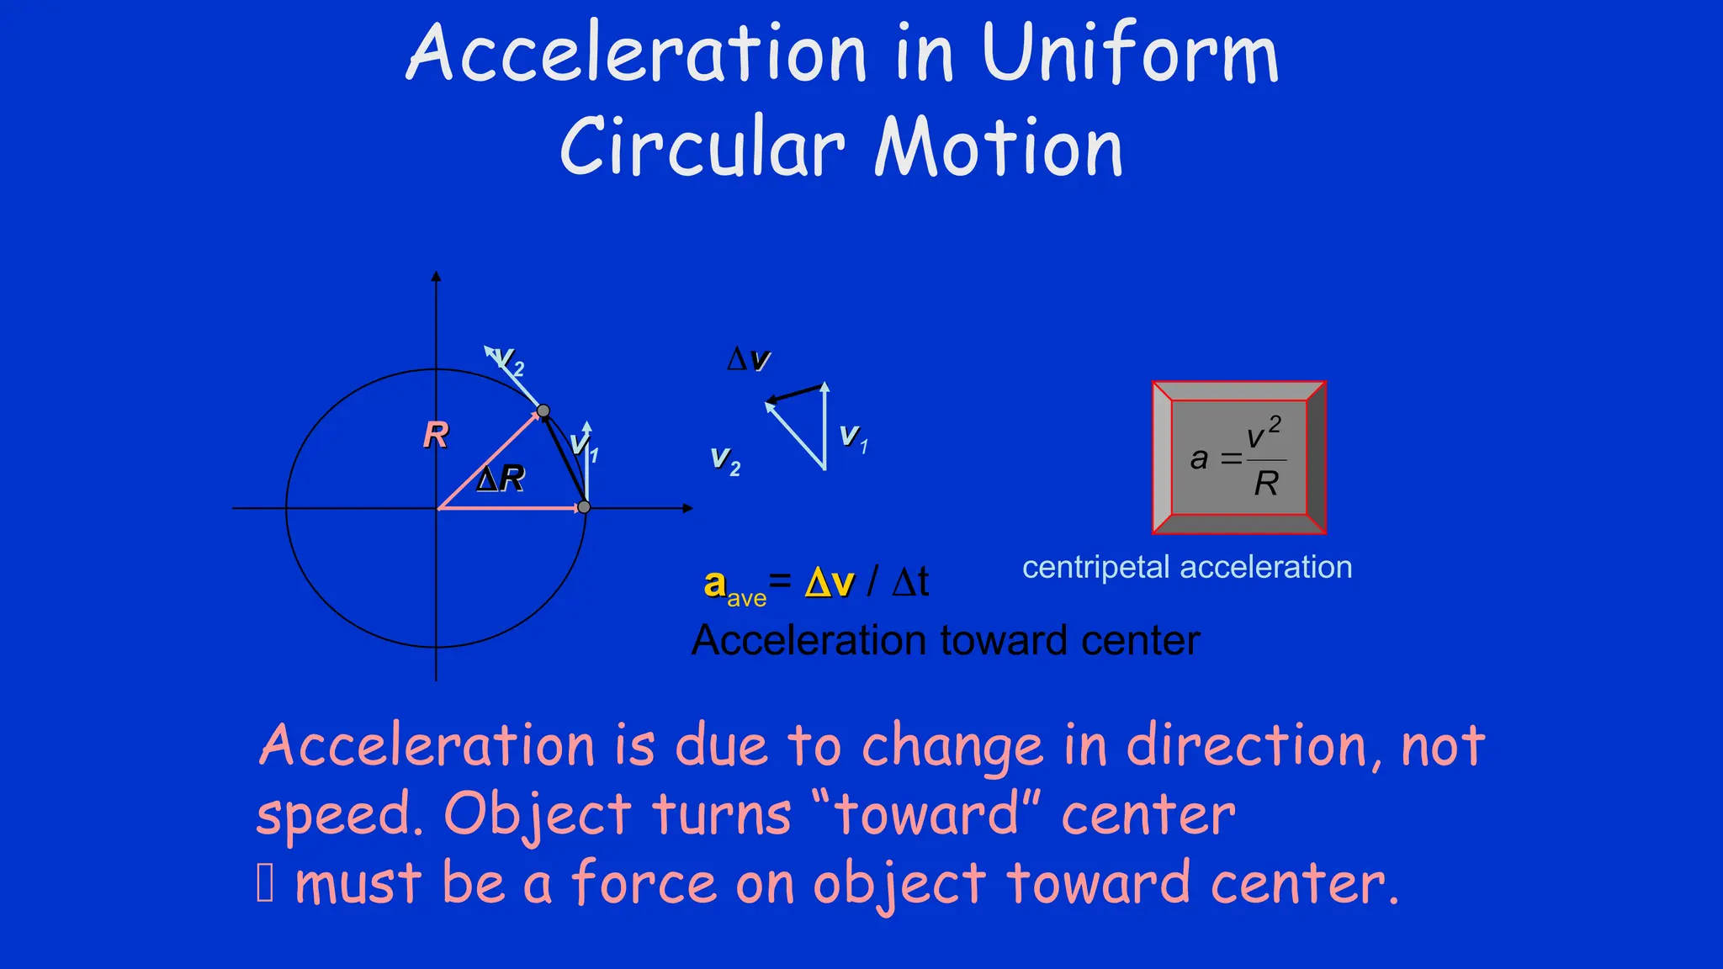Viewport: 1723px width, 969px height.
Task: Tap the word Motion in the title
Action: (x=999, y=148)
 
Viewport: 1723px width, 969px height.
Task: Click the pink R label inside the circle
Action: (x=436, y=435)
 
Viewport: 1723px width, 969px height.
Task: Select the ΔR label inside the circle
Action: (x=501, y=479)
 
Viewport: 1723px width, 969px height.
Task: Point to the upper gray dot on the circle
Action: (x=543, y=411)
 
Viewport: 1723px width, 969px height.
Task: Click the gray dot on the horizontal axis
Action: (x=585, y=507)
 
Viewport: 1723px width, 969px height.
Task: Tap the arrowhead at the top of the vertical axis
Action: (x=436, y=276)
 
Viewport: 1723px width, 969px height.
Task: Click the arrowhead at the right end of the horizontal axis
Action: (x=687, y=508)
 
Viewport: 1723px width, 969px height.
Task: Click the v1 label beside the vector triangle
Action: (x=853, y=437)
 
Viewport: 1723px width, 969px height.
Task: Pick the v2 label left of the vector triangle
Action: (x=724, y=460)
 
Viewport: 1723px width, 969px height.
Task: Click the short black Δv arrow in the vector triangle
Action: (x=794, y=393)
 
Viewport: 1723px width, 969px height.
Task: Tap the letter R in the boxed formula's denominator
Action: (x=1265, y=484)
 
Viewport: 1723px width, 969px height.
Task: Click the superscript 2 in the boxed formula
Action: (x=1275, y=425)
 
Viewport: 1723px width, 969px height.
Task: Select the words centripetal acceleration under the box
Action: (x=1186, y=567)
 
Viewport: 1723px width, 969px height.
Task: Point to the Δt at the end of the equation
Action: (x=910, y=582)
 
